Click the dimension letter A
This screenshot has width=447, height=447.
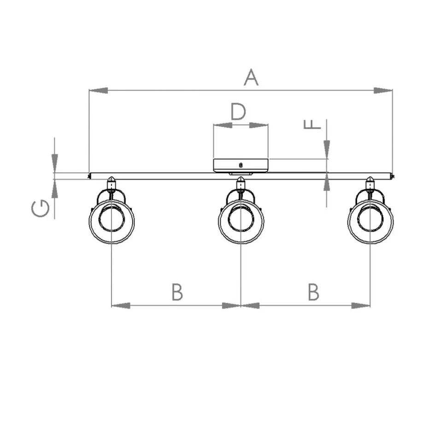click(x=251, y=77)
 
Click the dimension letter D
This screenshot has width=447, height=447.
click(x=238, y=112)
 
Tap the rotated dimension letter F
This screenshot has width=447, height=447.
click(x=312, y=124)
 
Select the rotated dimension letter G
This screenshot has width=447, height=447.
click(x=40, y=209)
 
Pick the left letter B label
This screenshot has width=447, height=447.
click(x=177, y=292)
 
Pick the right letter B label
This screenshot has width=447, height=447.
click(x=313, y=292)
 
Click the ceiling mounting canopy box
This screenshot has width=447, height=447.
click(x=241, y=166)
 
